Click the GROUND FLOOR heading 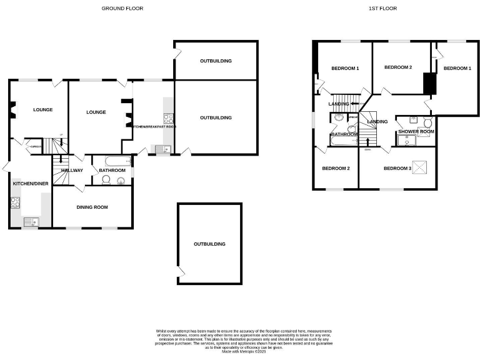click(122, 9)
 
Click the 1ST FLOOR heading click(382, 9)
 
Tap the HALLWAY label click(72, 171)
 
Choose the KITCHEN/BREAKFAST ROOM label click(154, 127)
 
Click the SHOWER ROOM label click(416, 132)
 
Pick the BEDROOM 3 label click(397, 168)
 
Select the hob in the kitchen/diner click(16, 202)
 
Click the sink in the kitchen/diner click(29, 221)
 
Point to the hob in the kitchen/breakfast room click(168, 117)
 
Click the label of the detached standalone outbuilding click(209, 244)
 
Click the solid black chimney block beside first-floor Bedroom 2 click(429, 84)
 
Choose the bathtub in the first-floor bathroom click(342, 143)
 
